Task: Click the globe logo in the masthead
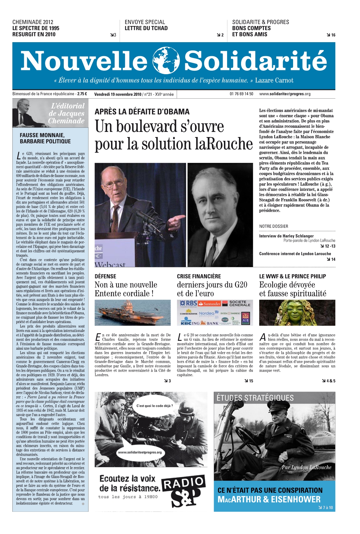pos(166,60)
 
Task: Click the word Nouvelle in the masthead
pos(84,61)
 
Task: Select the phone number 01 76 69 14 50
pos(241,94)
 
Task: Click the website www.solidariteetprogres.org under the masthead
pos(285,94)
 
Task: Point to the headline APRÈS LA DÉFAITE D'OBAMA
pos(142,112)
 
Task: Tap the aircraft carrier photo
pos(133,312)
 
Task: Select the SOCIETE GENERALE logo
pos(240,303)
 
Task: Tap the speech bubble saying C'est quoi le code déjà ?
pos(154,406)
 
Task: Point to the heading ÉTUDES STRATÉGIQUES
pos(255,398)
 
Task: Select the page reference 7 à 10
pos(327,508)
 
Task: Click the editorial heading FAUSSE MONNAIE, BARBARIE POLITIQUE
pos(45,138)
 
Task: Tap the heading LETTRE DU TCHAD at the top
pos(146,28)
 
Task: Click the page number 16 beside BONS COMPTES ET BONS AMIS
pos(333,35)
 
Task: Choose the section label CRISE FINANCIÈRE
pos(199,276)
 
